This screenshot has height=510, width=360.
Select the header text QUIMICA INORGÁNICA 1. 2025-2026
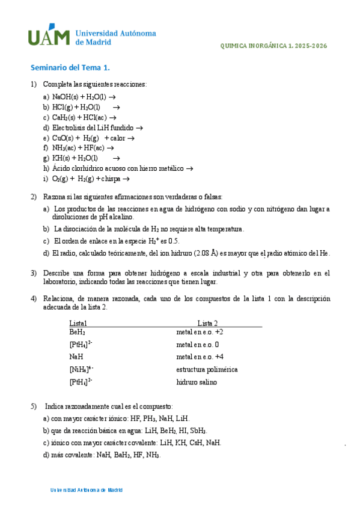tap(274, 46)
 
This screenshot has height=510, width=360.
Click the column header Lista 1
tap(78, 323)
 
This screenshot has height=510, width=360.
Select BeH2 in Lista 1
tap(77, 332)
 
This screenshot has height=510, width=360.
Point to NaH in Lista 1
tap(76, 357)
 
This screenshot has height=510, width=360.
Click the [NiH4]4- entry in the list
tap(81, 369)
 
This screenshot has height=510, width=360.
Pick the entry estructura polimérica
tap(207, 369)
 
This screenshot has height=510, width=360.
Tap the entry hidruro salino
tap(197, 382)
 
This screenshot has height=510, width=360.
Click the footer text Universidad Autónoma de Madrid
tap(87, 490)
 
